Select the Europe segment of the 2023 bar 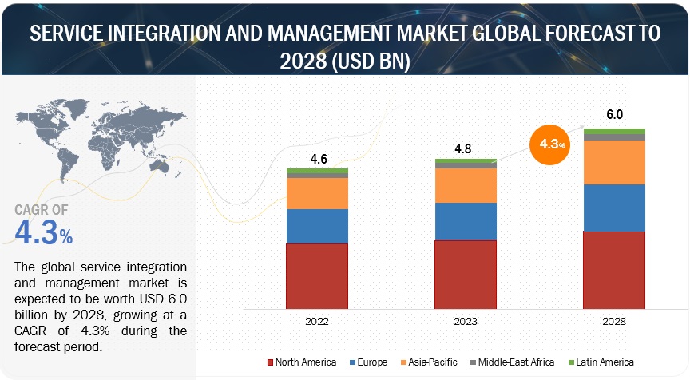(x=466, y=221)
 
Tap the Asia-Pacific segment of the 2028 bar (x=614, y=162)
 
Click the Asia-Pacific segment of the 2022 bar (x=318, y=193)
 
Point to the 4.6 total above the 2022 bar (x=318, y=160)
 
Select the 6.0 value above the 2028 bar (x=614, y=115)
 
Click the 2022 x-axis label (x=318, y=321)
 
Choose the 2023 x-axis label (x=466, y=321)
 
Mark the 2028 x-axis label (x=614, y=321)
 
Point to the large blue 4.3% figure (x=44, y=232)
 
